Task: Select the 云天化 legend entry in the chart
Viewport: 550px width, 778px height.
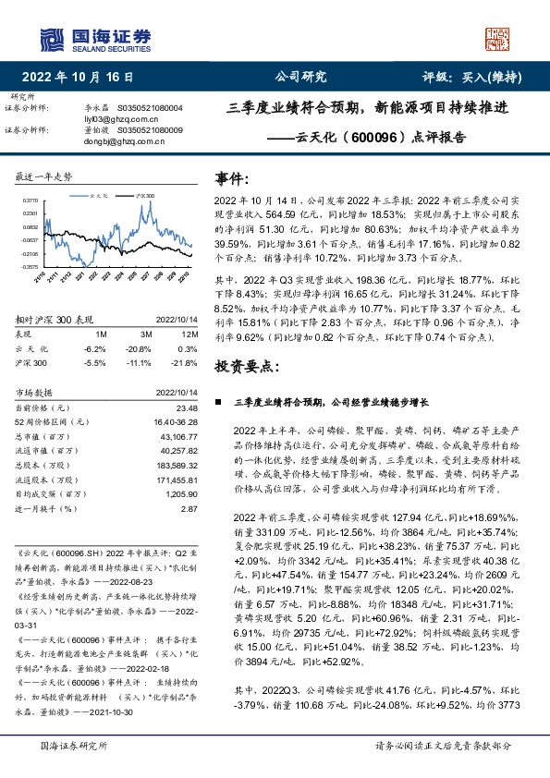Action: (100, 197)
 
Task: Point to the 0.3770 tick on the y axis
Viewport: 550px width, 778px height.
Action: (31, 199)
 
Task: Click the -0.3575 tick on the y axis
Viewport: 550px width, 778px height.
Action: (30, 266)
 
